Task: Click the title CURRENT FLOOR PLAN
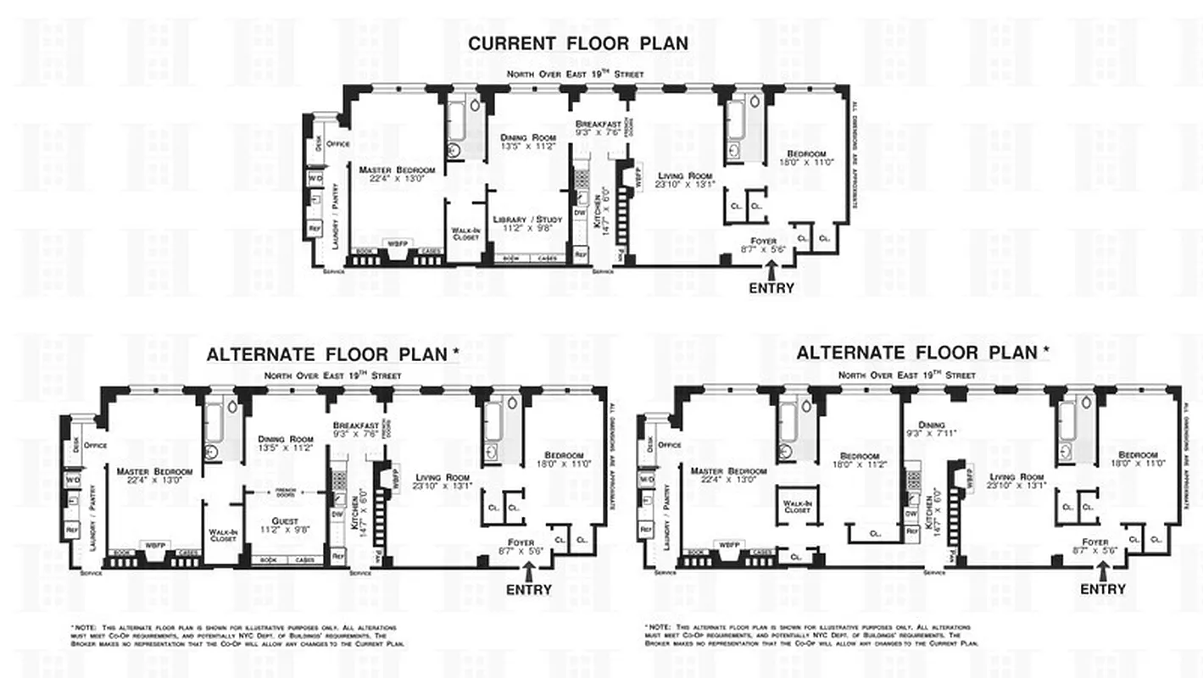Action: [x=578, y=43]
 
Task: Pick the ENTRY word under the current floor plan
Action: [x=771, y=288]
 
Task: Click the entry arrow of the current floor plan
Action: [x=771, y=270]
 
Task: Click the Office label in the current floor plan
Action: [x=338, y=144]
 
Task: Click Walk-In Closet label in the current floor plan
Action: [x=465, y=234]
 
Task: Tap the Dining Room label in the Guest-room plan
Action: [x=285, y=443]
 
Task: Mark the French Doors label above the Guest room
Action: [x=285, y=492]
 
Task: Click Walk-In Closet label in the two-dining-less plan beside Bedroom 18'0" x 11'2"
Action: [x=797, y=507]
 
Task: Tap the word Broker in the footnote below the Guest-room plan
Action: [x=86, y=643]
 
